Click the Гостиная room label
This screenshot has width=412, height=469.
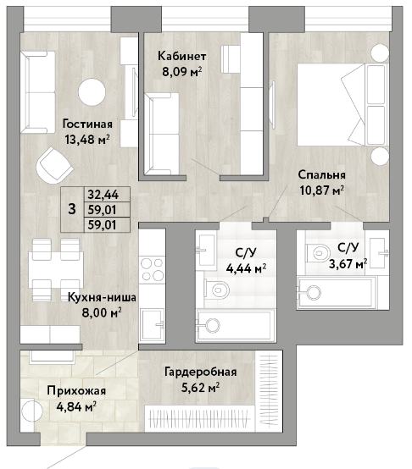click(x=87, y=124)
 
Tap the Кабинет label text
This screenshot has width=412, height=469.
click(x=182, y=56)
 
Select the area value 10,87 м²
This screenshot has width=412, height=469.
click(x=322, y=190)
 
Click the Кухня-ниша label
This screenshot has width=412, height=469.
click(x=102, y=297)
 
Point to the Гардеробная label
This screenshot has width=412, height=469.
click(x=201, y=372)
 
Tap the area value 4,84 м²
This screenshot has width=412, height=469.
click(x=76, y=407)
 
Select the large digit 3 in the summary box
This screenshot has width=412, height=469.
click(x=72, y=209)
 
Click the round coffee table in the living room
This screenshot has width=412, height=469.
click(x=92, y=91)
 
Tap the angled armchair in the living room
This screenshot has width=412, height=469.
click(x=54, y=166)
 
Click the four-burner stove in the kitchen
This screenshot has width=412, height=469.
click(x=153, y=269)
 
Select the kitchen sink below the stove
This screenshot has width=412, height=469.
click(x=153, y=323)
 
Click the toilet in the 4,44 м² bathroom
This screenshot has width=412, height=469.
click(x=217, y=290)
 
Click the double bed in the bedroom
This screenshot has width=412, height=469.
click(x=342, y=104)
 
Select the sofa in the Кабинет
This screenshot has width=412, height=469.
click(x=161, y=134)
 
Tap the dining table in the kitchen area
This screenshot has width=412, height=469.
click(x=56, y=270)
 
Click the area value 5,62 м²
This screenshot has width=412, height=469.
click(x=201, y=388)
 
